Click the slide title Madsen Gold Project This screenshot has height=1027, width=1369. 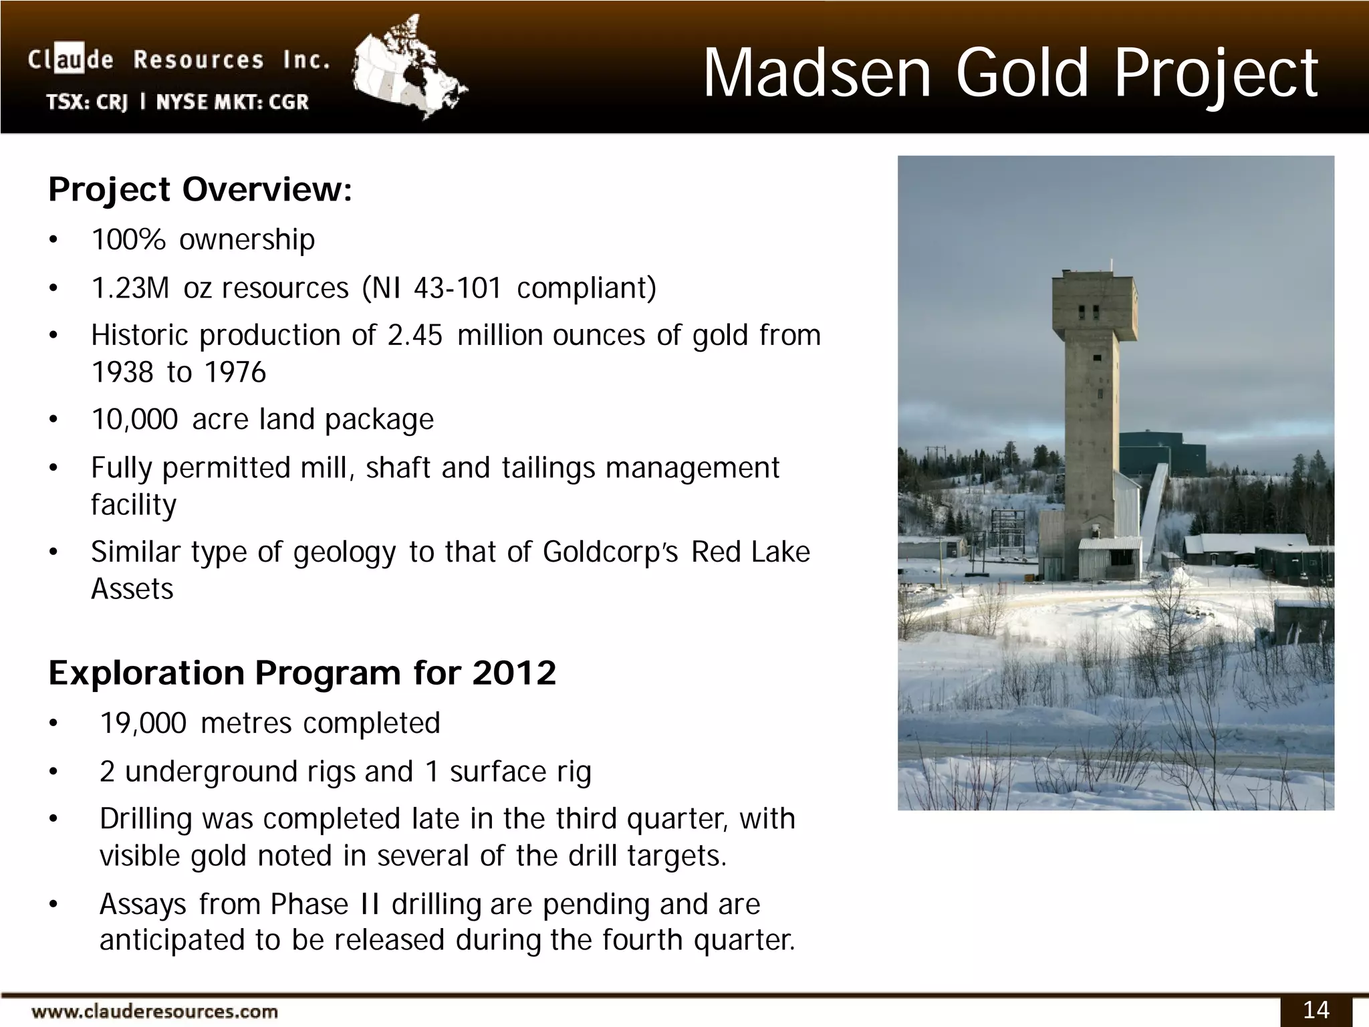1010,74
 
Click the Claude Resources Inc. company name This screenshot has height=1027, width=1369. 179,60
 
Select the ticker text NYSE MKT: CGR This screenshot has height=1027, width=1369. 233,102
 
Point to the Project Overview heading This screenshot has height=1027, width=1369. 200,190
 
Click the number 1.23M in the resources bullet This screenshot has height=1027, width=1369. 130,288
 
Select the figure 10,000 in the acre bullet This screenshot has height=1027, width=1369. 134,420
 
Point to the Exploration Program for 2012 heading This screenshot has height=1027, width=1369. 302,673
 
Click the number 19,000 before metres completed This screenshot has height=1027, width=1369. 142,723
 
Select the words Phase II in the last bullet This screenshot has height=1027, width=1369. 325,905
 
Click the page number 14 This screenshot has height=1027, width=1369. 1316,1010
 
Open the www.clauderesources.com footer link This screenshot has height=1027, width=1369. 154,1012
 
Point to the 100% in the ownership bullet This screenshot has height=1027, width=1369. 128,240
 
